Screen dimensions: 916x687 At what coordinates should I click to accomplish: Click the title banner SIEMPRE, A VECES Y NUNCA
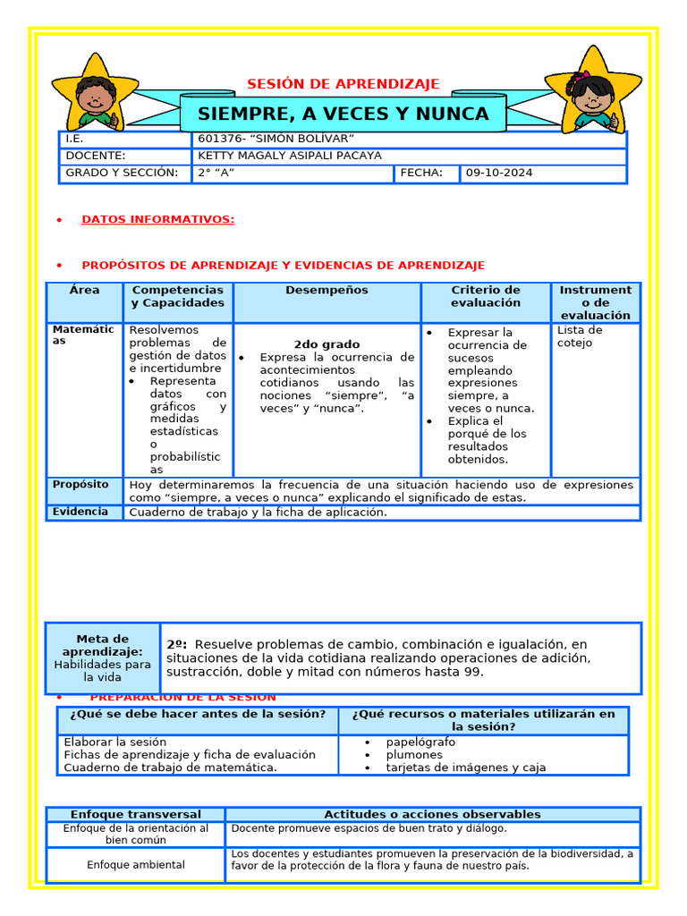click(x=343, y=114)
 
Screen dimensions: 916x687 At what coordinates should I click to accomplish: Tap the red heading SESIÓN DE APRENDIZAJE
click(x=343, y=84)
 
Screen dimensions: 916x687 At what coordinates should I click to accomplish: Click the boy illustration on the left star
click(x=94, y=94)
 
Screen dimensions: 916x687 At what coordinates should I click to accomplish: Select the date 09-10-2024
click(x=498, y=173)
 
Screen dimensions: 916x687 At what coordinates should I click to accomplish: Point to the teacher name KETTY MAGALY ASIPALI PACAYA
click(x=289, y=156)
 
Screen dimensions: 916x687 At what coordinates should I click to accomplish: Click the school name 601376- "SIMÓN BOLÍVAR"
click(x=276, y=139)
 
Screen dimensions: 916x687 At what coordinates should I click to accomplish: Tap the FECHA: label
click(x=421, y=173)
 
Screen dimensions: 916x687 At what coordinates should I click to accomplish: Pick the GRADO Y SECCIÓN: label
click(x=122, y=173)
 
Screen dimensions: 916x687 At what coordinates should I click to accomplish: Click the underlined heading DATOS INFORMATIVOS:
click(x=157, y=219)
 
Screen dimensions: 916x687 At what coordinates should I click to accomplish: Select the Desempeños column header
click(x=327, y=291)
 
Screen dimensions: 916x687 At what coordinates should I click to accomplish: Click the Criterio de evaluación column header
click(x=485, y=296)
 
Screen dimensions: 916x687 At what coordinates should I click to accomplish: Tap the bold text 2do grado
click(x=327, y=344)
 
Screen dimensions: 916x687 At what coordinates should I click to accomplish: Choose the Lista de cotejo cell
click(x=580, y=336)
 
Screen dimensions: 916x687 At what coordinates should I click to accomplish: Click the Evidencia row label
click(x=81, y=512)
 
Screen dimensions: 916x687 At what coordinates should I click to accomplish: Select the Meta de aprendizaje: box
click(x=103, y=657)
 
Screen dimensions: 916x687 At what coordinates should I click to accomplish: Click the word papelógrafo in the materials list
click(x=420, y=742)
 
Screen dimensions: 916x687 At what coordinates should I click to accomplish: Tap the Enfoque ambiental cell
click(x=136, y=865)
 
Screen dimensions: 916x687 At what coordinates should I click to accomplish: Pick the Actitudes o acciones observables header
click(x=432, y=814)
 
